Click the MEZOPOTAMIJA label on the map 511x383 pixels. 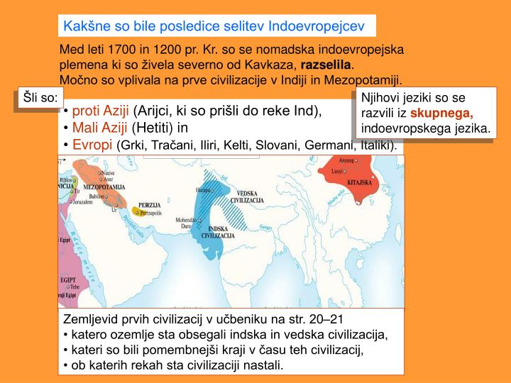[104, 187]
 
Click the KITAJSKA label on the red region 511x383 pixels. [360, 182]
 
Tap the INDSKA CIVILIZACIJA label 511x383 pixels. [212, 232]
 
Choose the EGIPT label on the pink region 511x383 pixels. [67, 280]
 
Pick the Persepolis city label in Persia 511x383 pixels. [150, 213]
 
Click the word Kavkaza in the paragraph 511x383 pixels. [265, 66]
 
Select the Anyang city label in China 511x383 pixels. [346, 160]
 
